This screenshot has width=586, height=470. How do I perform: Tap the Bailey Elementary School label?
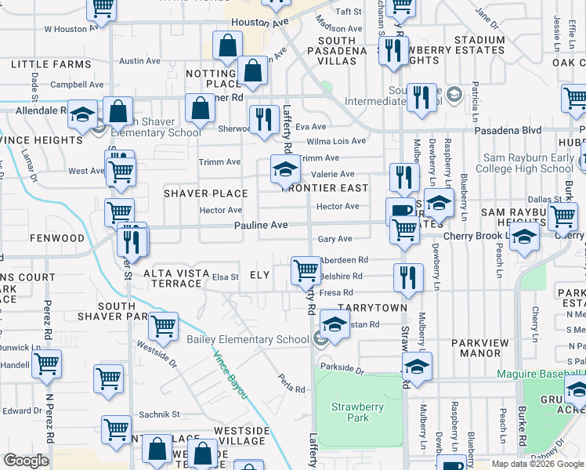coord(248,339)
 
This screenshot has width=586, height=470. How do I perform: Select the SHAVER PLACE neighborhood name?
coord(205,193)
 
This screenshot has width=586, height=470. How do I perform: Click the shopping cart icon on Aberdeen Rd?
coord(305,270)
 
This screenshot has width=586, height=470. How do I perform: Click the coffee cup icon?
coord(400,210)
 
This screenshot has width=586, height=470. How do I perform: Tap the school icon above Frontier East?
coord(285,168)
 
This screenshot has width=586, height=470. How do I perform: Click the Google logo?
coord(27,460)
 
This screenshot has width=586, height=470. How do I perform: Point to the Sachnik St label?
coord(160,414)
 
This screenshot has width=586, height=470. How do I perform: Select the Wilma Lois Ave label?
coord(336,141)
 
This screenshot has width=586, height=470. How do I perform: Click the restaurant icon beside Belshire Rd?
coord(407,277)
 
